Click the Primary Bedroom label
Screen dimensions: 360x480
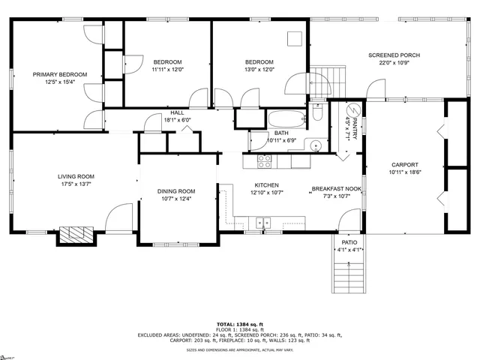tap(60, 74)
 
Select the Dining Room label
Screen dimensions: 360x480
tap(176, 190)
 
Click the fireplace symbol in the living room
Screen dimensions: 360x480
tap(76, 235)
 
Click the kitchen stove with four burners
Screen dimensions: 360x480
tap(264, 160)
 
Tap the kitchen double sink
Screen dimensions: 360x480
tap(262, 222)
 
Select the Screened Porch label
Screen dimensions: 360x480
tap(394, 55)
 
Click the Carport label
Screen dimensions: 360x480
tap(404, 164)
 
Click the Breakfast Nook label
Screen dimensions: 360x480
tap(336, 189)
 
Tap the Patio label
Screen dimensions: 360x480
tap(349, 243)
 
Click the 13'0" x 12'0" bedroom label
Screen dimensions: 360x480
tap(259, 61)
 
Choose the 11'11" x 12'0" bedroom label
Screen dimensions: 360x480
tap(168, 61)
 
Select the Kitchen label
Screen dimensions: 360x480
tap(267, 185)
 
